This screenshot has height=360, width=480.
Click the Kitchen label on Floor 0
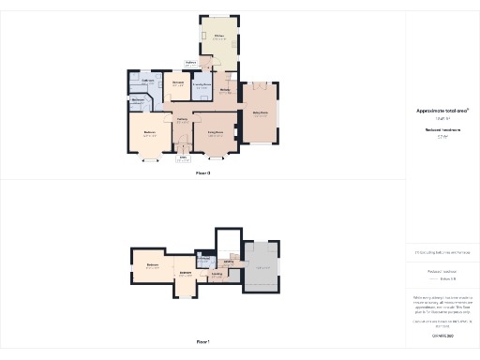tap(217, 37)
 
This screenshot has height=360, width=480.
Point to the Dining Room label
tap(259, 112)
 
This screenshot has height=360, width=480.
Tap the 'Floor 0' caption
tap(202, 173)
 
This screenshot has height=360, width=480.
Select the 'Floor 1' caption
tap(202, 343)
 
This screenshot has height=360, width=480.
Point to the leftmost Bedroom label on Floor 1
tap(153, 266)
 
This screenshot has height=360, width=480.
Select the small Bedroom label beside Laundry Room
tap(178, 83)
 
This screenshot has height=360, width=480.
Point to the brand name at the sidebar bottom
tap(442, 335)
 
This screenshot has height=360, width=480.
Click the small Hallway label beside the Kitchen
tap(190, 64)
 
